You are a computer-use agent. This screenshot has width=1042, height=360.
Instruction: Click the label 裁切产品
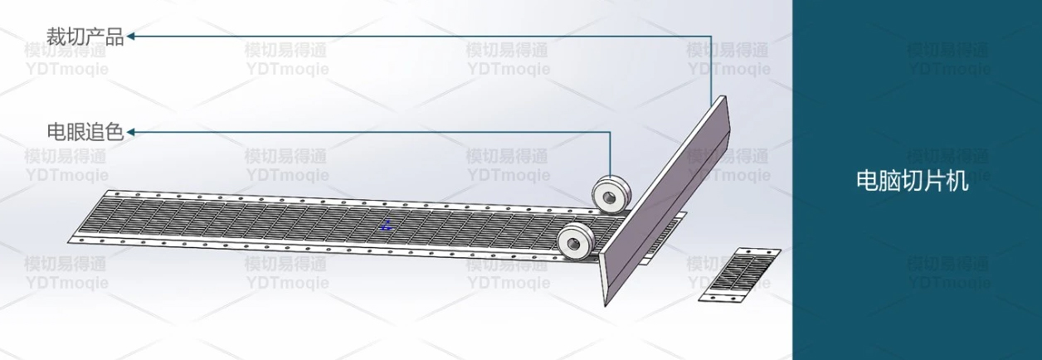coord(85,36)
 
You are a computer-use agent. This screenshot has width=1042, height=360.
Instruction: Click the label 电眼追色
coord(85,133)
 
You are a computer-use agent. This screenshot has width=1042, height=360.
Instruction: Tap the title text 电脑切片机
coord(913,181)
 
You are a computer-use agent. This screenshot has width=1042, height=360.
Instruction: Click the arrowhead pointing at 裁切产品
coord(131,36)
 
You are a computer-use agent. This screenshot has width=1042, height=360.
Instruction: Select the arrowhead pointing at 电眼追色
coord(131,133)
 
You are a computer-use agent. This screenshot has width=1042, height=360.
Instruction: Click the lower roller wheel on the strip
coord(577,242)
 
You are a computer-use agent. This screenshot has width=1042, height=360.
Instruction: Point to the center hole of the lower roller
coord(572,244)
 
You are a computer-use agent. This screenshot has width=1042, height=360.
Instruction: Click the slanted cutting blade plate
coord(666,200)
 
